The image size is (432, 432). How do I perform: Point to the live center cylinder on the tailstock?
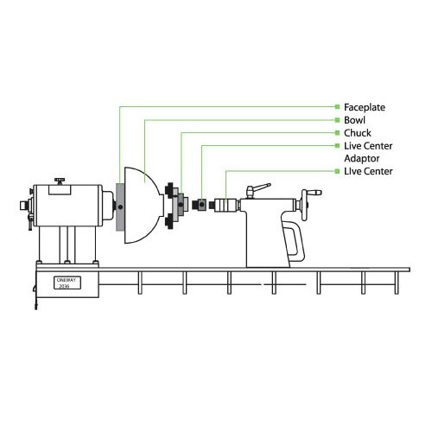[x=226, y=206]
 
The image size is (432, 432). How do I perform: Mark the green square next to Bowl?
[x=327, y=121]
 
